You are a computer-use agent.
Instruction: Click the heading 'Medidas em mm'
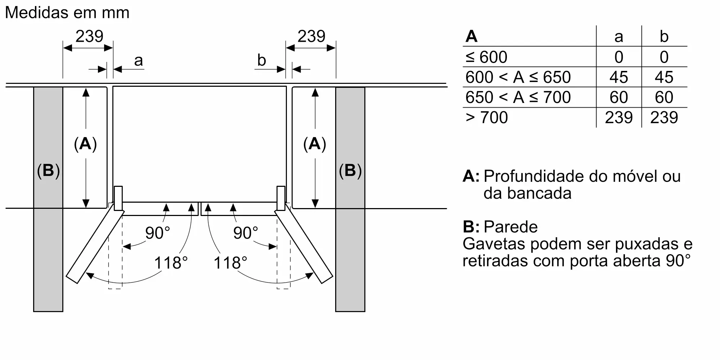(x=67, y=13)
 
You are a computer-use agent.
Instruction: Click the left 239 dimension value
(x=89, y=36)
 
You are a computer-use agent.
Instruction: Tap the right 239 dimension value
(x=311, y=36)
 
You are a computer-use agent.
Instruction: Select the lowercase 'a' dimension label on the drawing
(x=139, y=61)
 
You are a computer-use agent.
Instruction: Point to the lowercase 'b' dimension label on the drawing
(x=261, y=60)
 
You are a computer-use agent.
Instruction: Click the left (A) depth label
(x=85, y=144)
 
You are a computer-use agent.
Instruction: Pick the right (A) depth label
(x=315, y=144)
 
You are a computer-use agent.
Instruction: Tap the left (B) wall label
(x=48, y=171)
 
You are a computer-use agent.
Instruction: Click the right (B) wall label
(x=350, y=171)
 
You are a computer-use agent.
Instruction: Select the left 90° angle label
(x=157, y=233)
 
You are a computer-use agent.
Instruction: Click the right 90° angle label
(x=246, y=233)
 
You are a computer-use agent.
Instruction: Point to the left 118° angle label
(x=171, y=263)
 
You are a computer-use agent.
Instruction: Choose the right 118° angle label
(x=230, y=263)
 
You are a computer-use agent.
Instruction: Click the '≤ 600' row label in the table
(x=486, y=57)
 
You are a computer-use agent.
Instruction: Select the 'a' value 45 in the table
(x=618, y=77)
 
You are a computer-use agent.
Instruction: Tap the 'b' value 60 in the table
(x=664, y=98)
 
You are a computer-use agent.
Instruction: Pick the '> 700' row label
(x=487, y=118)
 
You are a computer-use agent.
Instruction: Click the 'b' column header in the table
(x=664, y=37)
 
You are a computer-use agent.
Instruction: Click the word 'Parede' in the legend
(x=510, y=227)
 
